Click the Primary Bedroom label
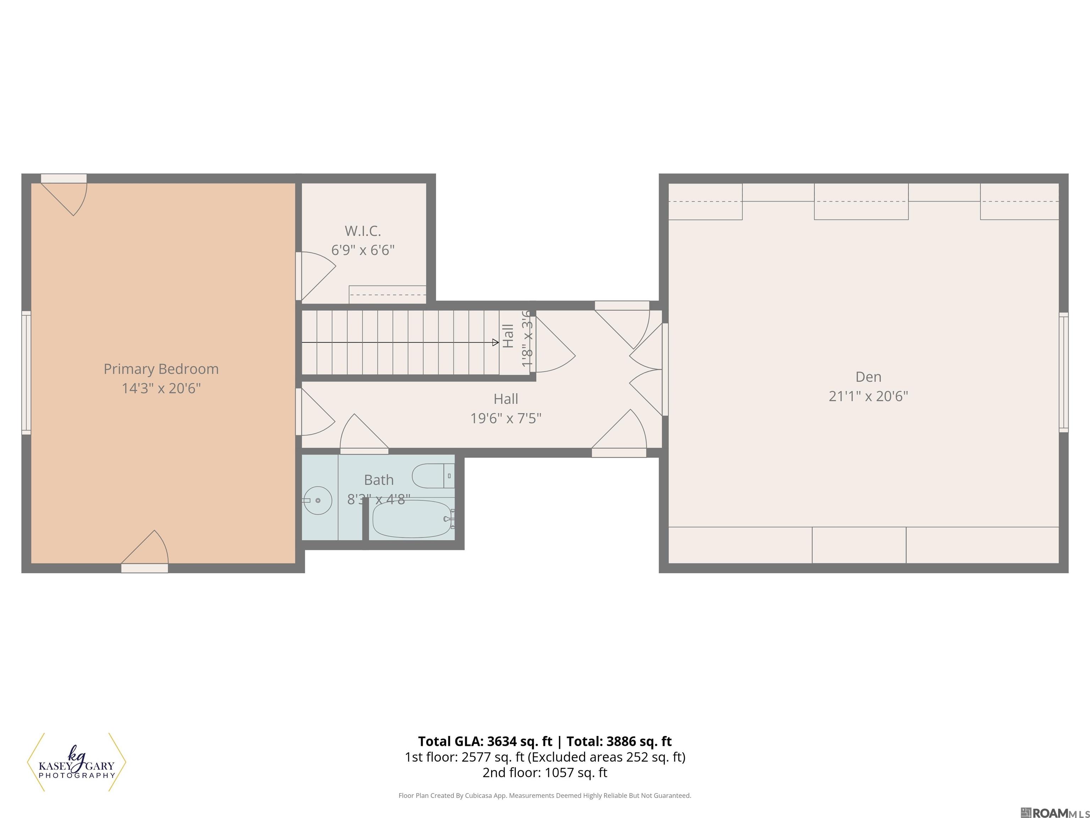click(x=161, y=369)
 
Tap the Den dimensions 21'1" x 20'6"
click(x=868, y=396)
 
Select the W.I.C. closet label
click(x=363, y=231)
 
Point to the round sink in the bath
click(x=317, y=501)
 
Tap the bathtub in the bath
click(x=412, y=519)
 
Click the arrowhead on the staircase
click(x=495, y=342)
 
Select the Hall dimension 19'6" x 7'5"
click(x=506, y=418)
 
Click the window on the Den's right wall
click(x=1063, y=372)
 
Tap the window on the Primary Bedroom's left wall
click(x=26, y=373)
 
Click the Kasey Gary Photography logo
click(x=76, y=762)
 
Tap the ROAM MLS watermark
click(x=1055, y=813)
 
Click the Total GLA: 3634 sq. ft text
click(x=485, y=741)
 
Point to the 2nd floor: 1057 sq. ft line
click(x=545, y=772)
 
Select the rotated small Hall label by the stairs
click(x=508, y=336)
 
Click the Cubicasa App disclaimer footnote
click(x=545, y=795)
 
